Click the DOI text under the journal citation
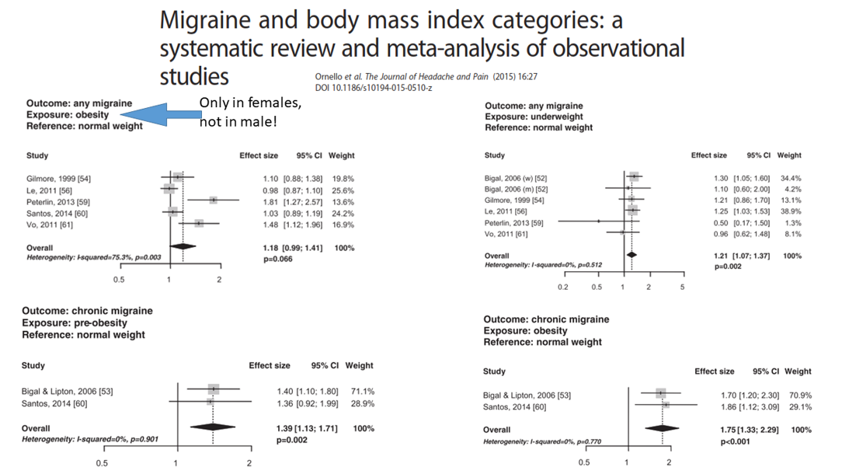pyautogui.click(x=373, y=88)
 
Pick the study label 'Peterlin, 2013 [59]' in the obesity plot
pyautogui.click(x=60, y=201)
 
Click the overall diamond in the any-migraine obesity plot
pyautogui.click(x=183, y=247)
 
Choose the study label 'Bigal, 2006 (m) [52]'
pyautogui.click(x=516, y=189)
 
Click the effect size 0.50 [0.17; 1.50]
pyautogui.click(x=739, y=222)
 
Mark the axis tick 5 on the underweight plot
pyautogui.click(x=682, y=287)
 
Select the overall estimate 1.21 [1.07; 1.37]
pyautogui.click(x=742, y=256)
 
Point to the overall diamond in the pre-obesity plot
pyautogui.click(x=211, y=427)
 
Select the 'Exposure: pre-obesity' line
pyautogui.click(x=75, y=322)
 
